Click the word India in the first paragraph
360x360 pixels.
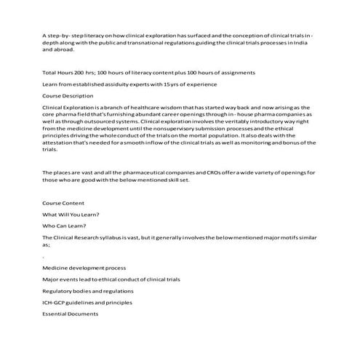coord(309,43)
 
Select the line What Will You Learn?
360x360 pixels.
coord(71,215)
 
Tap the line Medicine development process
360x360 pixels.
coord(84,268)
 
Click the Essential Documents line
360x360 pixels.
coord(70,313)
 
